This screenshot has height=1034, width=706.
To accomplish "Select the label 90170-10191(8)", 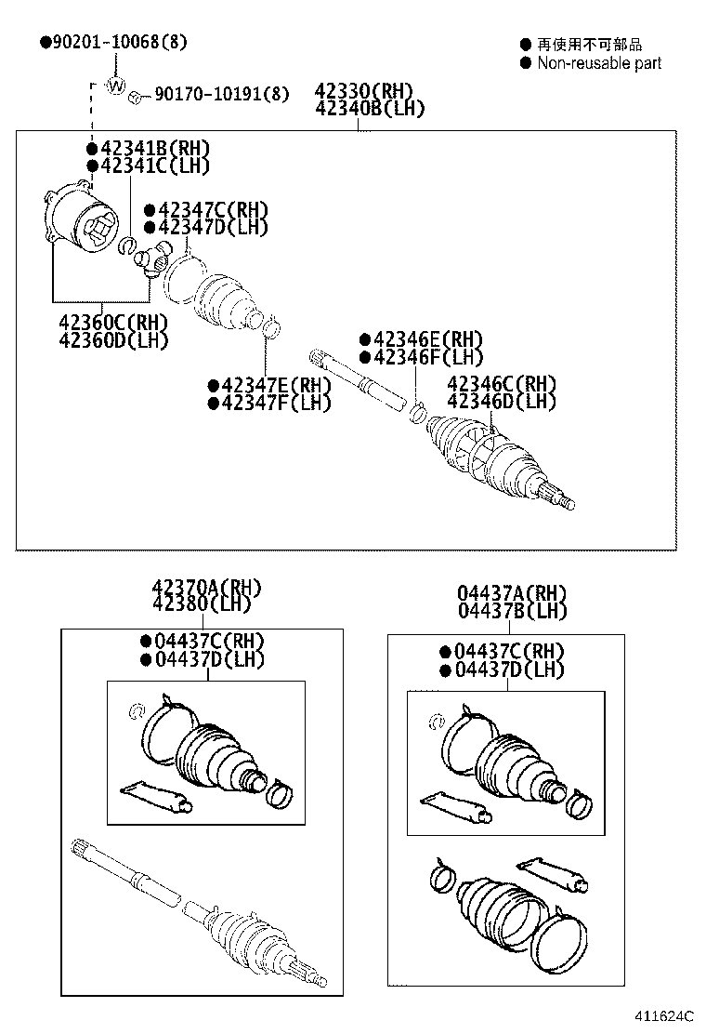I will coord(221,94).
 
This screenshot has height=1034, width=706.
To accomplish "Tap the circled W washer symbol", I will coord(116,86).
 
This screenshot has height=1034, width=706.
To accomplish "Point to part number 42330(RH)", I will coord(363,91).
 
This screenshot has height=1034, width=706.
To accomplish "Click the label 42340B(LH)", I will coord(370,108).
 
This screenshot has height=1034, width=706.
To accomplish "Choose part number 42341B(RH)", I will coord(154,148).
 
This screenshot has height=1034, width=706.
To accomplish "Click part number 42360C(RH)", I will coord(113,322).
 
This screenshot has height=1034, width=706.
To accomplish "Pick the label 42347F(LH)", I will coord(276,403).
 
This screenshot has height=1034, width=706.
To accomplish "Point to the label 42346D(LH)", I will coord(501,402).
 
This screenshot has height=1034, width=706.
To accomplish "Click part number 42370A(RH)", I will coord(207,588).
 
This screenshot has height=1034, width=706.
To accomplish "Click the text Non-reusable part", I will coord(599,63).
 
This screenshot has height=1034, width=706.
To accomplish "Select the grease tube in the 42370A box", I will coord(156,797).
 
